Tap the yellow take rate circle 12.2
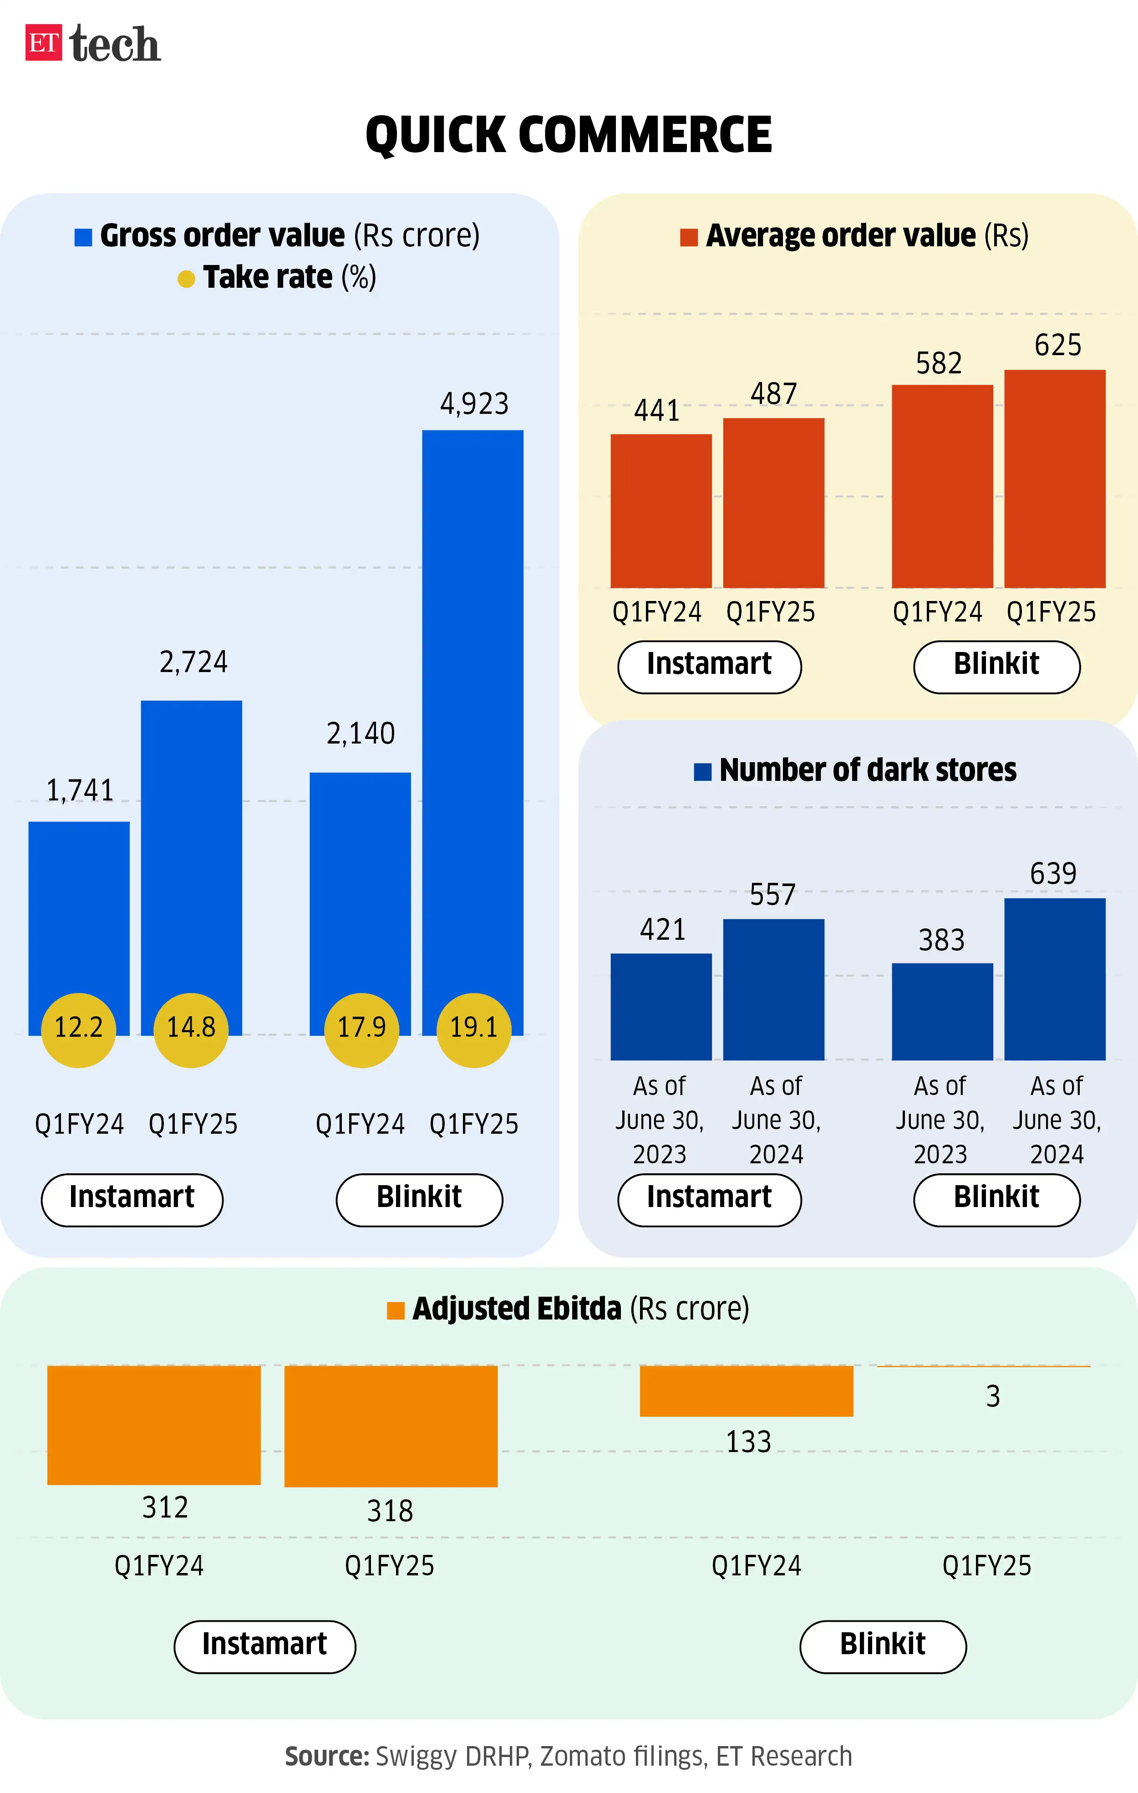[79, 1029]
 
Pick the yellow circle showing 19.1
[473, 1029]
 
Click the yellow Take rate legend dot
[186, 279]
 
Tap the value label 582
[939, 363]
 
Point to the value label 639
[1053, 873]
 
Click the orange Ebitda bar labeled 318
[391, 1426]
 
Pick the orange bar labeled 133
[747, 1391]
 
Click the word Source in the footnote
[327, 1757]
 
